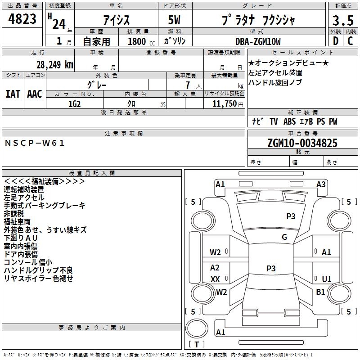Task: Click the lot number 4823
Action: point(22,19)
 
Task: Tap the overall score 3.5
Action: point(343,21)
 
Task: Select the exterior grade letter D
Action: point(336,41)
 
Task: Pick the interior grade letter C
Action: point(350,41)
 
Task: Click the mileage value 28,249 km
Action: point(55,65)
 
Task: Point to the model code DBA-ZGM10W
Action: point(258,41)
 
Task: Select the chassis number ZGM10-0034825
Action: point(302,143)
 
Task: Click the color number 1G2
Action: point(74,104)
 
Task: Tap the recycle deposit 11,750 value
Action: point(224,104)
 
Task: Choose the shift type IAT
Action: point(13,94)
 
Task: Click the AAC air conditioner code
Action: point(35,94)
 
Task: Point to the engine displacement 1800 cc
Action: point(141,41)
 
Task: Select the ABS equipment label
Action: point(289,121)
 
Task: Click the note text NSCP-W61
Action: point(35,143)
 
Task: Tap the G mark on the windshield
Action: point(284,237)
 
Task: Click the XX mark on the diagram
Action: point(215,279)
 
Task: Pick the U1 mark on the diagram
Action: point(327,279)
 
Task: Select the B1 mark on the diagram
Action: point(320,292)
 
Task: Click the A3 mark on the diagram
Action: point(321,184)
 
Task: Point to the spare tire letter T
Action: point(197,344)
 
